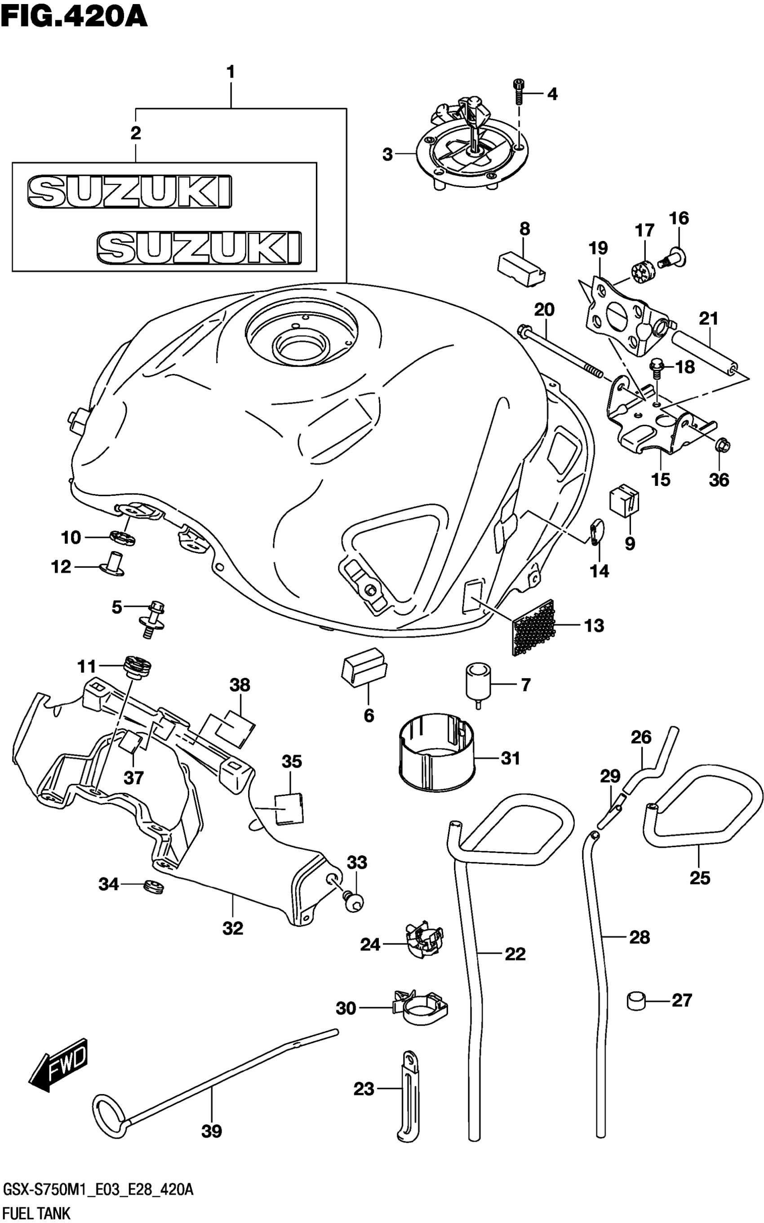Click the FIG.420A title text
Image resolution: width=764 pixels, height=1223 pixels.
[x=74, y=17]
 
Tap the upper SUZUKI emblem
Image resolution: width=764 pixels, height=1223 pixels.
[x=130, y=191]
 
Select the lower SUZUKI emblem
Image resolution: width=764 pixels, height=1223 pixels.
[x=199, y=248]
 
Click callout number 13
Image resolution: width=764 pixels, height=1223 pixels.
[x=594, y=626]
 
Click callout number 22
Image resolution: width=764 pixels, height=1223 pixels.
[x=515, y=954]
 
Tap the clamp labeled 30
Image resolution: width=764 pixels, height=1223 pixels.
[x=420, y=1009]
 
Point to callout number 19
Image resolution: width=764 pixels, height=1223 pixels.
[x=598, y=248]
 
